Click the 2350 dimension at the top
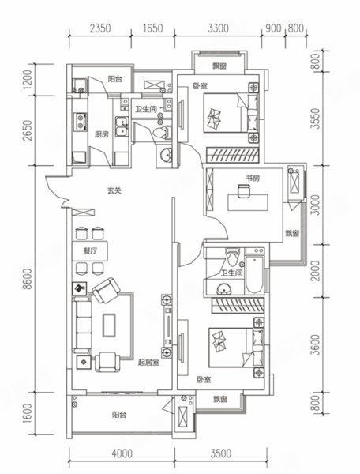pyautogui.click(x=100, y=28)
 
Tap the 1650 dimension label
pyautogui.click(x=153, y=28)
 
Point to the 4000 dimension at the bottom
pyautogui.click(x=122, y=453)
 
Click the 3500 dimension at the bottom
pyautogui.click(x=221, y=453)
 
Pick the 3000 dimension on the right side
pyautogui.click(x=316, y=205)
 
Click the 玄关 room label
pyautogui.click(x=114, y=190)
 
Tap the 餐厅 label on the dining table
pyautogui.click(x=90, y=251)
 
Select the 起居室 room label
pyautogui.click(x=148, y=363)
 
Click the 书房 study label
pyautogui.click(x=253, y=178)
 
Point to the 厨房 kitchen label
pyautogui.click(x=102, y=134)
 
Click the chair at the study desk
pyautogui.click(x=243, y=191)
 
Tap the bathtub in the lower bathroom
pyautogui.click(x=254, y=275)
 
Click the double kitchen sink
pyautogui.click(x=121, y=126)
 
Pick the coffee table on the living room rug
pyautogui.click(x=109, y=325)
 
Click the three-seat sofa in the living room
pyautogui.click(x=81, y=325)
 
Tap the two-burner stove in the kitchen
pyautogui.click(x=81, y=122)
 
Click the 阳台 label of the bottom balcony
pyautogui.click(x=119, y=415)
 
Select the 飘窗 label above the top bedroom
pyautogui.click(x=219, y=66)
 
